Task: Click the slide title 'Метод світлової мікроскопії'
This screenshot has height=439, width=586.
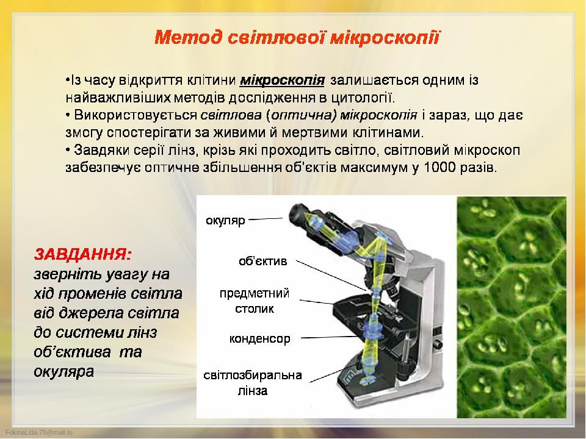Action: pyautogui.click(x=297, y=38)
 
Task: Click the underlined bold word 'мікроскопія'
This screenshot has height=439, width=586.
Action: pyautogui.click(x=282, y=80)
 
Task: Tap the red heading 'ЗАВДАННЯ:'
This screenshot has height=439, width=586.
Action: pyautogui.click(x=82, y=254)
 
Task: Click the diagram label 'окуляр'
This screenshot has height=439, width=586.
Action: pyautogui.click(x=225, y=220)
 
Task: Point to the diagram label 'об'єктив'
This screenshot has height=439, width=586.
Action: pyautogui.click(x=262, y=260)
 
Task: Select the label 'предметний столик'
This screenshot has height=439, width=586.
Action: pyautogui.click(x=254, y=301)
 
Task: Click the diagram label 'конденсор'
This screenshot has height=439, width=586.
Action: pyautogui.click(x=260, y=338)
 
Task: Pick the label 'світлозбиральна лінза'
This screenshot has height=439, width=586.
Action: pyautogui.click(x=253, y=383)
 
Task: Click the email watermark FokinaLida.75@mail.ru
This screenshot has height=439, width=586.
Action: pyautogui.click(x=39, y=432)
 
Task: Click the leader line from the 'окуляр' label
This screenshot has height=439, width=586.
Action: pyautogui.click(x=266, y=219)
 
